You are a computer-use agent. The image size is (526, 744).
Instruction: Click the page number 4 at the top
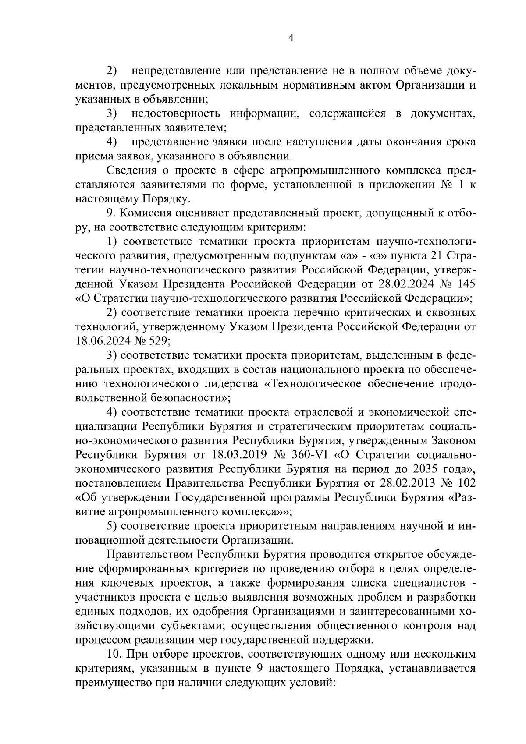[291, 38]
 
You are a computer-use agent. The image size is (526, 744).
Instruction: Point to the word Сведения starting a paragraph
[131, 170]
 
